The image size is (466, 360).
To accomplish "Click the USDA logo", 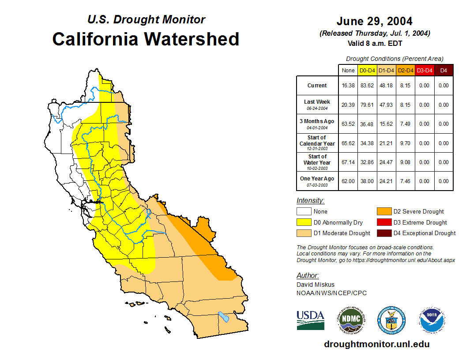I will [310, 319].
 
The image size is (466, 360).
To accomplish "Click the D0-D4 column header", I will [367, 70].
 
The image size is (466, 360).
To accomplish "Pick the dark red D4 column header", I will [443, 70].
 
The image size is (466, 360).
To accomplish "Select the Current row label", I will [317, 86].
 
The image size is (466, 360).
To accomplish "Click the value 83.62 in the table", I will [367, 86].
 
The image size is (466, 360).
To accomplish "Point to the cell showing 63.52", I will [348, 124].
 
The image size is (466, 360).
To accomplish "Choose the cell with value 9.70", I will [405, 143].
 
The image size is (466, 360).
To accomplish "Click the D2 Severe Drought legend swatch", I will [383, 212].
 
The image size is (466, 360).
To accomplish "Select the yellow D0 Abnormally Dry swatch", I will [304, 222].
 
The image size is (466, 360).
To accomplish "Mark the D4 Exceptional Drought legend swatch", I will [383, 233].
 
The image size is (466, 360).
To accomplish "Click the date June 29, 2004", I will [374, 21].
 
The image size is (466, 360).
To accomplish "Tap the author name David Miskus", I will [316, 285].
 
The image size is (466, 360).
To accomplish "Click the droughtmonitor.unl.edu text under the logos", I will [376, 344].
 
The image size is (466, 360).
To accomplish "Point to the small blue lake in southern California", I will [224, 317].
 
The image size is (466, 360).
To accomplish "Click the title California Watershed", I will [146, 39].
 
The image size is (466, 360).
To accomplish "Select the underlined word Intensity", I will [310, 200].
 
